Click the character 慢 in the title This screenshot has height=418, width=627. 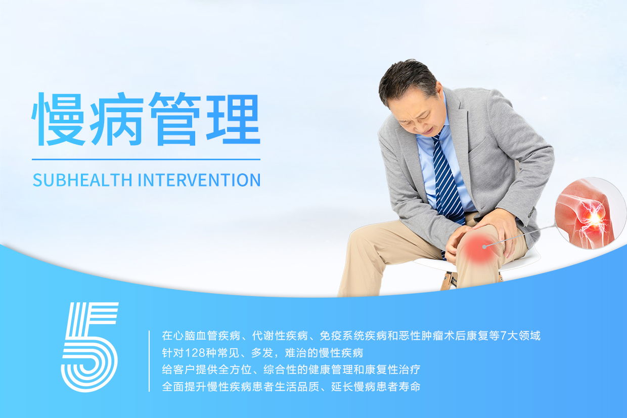pos(59,119)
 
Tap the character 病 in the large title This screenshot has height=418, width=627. pos(117,119)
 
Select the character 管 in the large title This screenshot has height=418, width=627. pos(175,119)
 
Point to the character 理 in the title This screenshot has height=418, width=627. pos(234,119)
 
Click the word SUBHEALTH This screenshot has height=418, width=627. pos(82,180)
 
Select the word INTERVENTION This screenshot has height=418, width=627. pos(199,180)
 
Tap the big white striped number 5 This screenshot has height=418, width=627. pos(90,347)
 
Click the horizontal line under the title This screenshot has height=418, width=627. pos(146,160)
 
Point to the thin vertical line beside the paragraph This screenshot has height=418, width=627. pos(149,361)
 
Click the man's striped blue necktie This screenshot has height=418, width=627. pos(447,182)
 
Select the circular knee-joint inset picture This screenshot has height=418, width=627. pos(590,213)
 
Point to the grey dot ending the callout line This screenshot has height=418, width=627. pos(484,247)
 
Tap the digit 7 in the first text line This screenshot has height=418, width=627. pos(503,336)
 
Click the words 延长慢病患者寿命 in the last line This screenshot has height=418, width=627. pos(376,387)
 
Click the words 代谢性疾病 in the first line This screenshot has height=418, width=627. pos(280,336)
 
